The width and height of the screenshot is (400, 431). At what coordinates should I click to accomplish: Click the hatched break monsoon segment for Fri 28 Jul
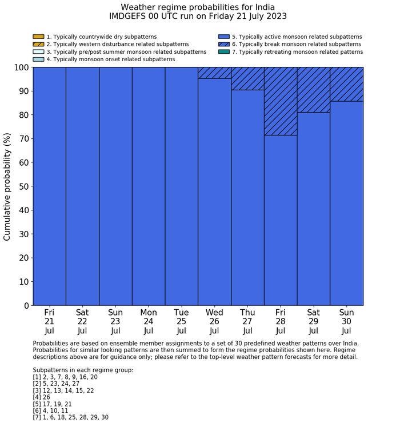(281, 101)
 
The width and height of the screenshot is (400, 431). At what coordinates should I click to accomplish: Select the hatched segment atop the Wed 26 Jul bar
(214, 73)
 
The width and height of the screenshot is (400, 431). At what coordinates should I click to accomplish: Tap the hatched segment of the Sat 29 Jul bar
(314, 90)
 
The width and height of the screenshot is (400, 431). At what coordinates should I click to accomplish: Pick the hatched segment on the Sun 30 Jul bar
(347, 84)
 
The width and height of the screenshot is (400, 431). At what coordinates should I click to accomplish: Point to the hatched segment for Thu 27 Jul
(247, 78)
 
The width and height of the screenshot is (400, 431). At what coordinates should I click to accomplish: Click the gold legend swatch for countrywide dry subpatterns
(38, 37)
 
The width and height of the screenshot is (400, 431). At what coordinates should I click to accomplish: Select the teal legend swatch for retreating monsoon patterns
(224, 51)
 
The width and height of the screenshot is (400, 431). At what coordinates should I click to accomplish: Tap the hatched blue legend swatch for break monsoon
(224, 44)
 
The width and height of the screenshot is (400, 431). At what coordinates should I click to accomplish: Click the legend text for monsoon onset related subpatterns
(110, 59)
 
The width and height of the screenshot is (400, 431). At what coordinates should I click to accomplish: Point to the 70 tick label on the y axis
(22, 139)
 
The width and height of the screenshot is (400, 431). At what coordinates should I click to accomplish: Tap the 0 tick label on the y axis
(26, 306)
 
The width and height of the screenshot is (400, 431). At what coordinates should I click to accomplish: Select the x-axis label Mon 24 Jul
(149, 322)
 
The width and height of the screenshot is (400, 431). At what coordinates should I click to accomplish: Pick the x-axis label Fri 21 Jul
(49, 322)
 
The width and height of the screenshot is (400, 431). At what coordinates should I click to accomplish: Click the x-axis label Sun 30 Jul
(347, 322)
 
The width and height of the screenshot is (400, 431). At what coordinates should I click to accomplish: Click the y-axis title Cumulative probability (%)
(7, 186)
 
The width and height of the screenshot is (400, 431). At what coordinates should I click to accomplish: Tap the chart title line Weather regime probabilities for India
(198, 7)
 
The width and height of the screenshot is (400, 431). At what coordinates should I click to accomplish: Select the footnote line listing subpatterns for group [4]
(45, 397)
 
